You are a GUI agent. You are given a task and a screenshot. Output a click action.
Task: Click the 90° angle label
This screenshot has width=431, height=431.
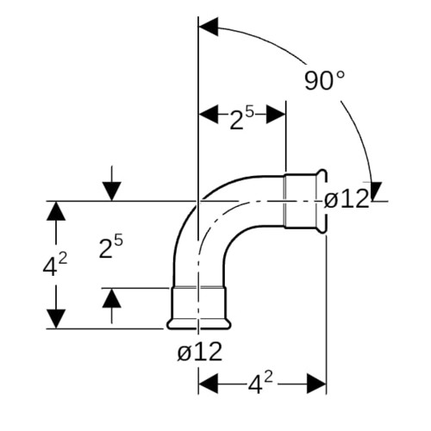324,80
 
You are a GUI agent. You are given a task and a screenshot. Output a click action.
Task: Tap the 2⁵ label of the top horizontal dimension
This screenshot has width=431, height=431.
242,118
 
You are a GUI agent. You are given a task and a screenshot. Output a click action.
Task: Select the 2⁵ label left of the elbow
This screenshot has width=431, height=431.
111,247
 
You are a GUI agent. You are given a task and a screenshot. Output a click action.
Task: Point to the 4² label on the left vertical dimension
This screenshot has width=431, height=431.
55,265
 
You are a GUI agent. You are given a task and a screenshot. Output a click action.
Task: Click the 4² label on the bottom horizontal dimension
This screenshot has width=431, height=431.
260,384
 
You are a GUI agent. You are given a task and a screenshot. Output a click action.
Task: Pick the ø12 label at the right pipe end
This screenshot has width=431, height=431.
347,199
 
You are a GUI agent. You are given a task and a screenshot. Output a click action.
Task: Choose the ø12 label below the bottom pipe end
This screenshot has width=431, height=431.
200,352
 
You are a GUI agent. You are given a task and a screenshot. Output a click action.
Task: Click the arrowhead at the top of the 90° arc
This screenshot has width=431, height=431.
209,27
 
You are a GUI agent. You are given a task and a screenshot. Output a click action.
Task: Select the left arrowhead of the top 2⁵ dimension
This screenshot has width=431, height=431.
209,114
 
